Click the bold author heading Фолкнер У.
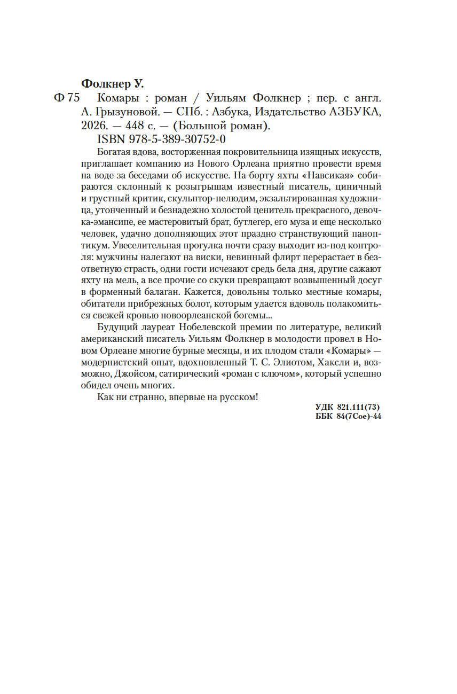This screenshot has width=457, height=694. (113, 83)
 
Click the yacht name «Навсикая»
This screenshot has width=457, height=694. (332, 175)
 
